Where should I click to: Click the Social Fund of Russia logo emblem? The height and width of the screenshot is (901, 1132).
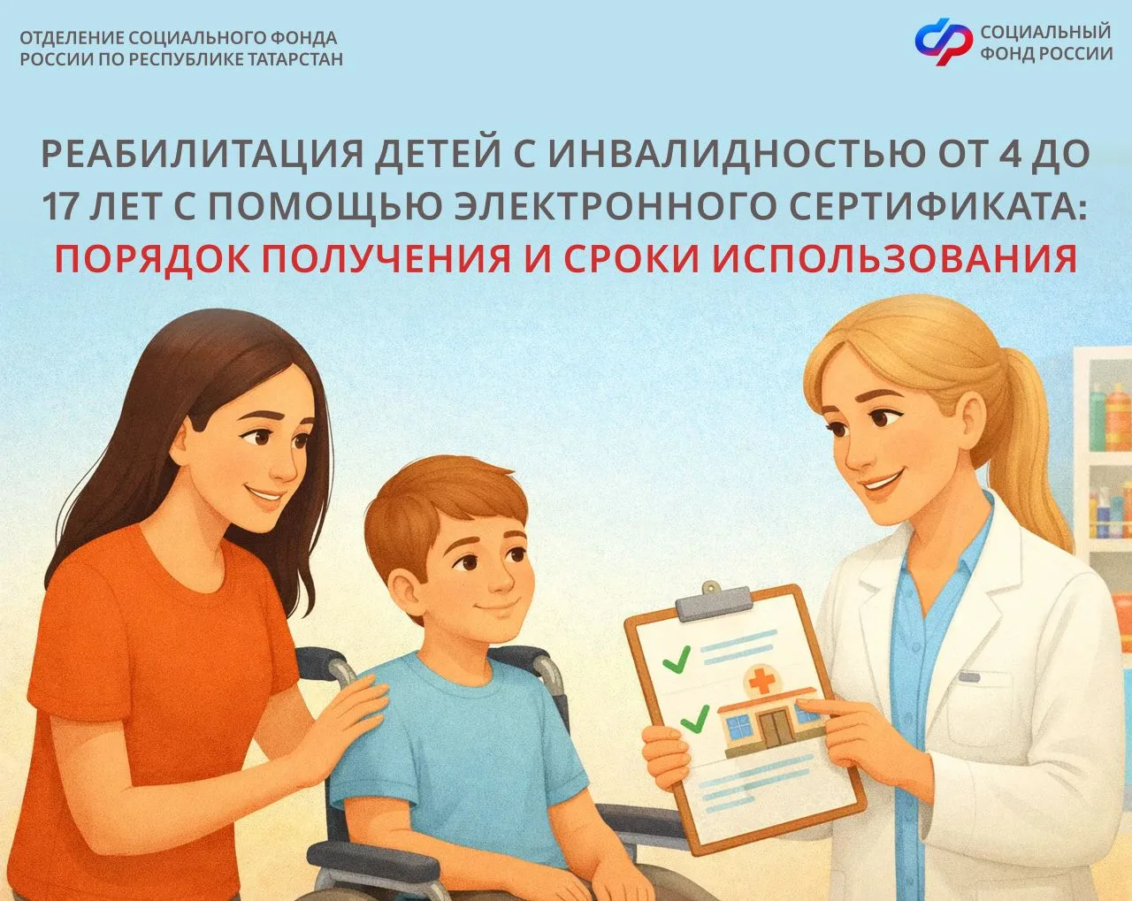click(944, 42)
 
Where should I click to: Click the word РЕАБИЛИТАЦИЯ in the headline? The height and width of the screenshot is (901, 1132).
click(203, 155)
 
